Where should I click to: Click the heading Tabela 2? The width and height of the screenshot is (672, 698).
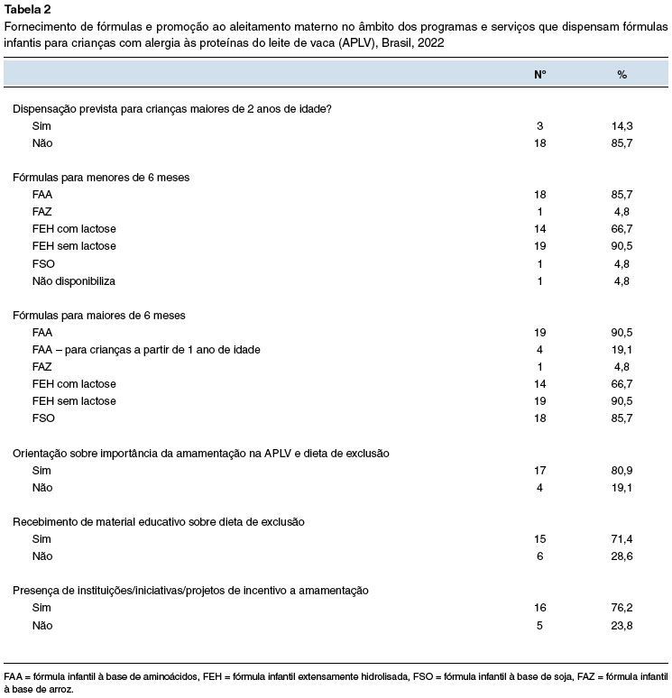[28, 10]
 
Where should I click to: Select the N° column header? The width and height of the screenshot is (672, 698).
[539, 74]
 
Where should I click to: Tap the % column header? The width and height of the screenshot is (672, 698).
[621, 74]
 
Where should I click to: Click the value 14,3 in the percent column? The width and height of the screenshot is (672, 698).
[621, 126]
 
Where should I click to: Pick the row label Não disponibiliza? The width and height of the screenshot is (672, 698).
[74, 280]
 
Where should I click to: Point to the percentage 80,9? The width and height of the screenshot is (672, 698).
[621, 470]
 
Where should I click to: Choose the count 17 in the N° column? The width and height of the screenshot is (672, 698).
[539, 470]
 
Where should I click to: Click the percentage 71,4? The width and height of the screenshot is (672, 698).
[621, 539]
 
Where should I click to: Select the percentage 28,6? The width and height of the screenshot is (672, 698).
[621, 556]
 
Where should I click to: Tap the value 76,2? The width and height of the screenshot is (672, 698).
[621, 608]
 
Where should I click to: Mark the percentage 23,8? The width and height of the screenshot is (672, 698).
[621, 625]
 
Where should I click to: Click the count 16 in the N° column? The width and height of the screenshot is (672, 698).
[539, 608]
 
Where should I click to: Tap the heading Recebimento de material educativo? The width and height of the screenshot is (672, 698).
[158, 521]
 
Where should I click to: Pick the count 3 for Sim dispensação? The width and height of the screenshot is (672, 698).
[539, 126]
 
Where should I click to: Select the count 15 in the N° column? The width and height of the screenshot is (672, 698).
[539, 539]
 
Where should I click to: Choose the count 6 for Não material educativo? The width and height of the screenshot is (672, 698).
[539, 556]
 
